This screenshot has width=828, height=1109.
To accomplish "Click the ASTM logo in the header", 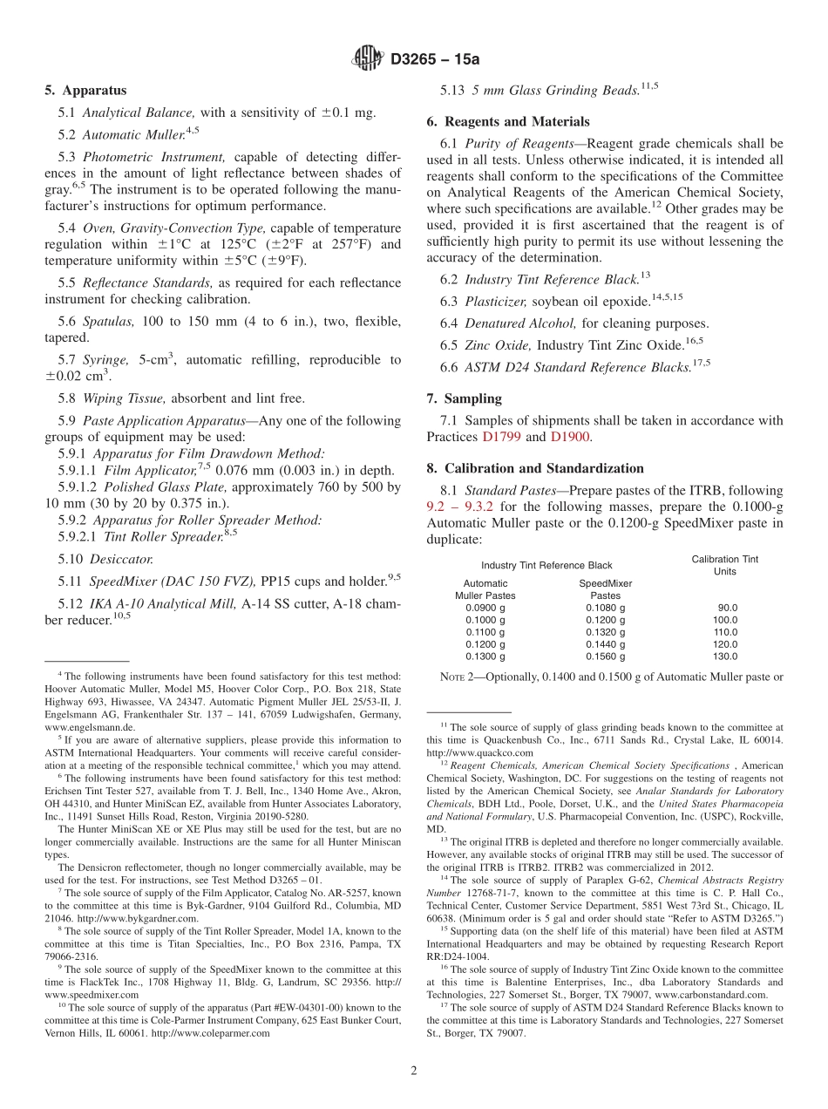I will coord(366,58).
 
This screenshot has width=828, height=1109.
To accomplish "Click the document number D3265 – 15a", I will coord(435,59).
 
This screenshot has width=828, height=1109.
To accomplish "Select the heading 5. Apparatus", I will coord(85,91).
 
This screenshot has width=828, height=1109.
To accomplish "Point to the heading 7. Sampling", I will coord(464,398).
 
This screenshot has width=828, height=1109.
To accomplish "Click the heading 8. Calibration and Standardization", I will coord(535,468).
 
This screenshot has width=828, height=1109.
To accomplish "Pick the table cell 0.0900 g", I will coord(485,608).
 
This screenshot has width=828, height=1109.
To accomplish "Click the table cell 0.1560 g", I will coord(605,657).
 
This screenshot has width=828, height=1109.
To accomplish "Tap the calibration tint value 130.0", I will coord(725,657).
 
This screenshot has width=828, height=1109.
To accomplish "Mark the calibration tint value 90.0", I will coord(728,608).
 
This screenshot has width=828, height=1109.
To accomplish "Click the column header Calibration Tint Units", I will coord(724,565).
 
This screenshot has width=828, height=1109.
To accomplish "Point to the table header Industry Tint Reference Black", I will coord(546,566).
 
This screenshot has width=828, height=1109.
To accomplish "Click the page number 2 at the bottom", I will coord(414,1071).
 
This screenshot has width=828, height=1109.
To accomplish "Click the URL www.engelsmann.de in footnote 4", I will coord(90,726).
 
